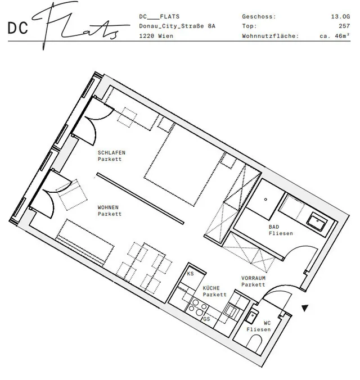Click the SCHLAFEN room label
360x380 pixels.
(x=111, y=153)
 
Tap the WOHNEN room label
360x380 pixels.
(x=108, y=207)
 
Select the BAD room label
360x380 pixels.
(x=274, y=227)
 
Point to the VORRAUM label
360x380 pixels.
(x=253, y=278)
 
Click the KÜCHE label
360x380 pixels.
(x=211, y=288)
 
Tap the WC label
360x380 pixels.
(x=267, y=323)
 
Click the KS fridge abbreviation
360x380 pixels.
(x=191, y=274)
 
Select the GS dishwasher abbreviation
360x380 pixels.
(x=206, y=319)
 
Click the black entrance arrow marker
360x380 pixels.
(x=305, y=308)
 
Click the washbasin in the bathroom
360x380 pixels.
(x=317, y=221)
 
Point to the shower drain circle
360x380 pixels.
(x=265, y=200)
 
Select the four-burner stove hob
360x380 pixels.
(x=197, y=307)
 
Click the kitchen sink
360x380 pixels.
(x=232, y=311)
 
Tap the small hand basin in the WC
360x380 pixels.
(x=251, y=316)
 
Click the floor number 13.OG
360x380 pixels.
(x=340, y=17)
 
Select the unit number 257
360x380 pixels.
(x=344, y=26)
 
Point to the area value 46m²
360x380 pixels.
(x=343, y=35)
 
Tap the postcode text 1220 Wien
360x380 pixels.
(x=156, y=36)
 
